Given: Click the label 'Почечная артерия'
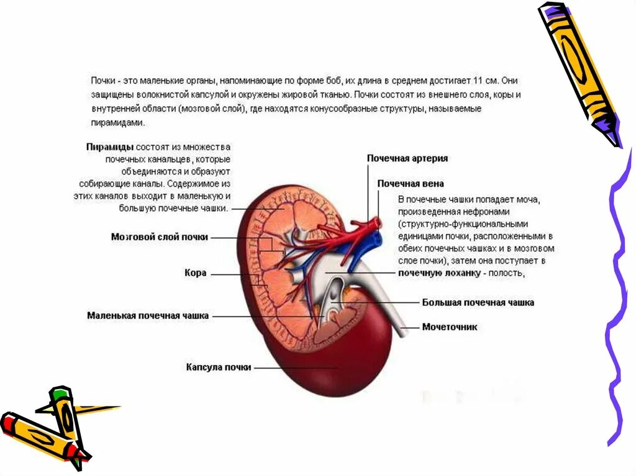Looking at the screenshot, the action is [407, 159].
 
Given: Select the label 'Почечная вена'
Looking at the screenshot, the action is [411, 184].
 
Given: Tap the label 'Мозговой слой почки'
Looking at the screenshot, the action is [160, 237].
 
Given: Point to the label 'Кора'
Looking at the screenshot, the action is [195, 273].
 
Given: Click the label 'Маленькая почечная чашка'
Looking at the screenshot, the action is [148, 316].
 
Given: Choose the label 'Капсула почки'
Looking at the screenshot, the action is [219, 367].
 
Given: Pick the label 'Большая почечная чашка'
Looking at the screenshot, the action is [478, 303].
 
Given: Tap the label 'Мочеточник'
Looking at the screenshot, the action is [450, 327].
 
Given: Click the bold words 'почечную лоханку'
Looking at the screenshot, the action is [427, 272].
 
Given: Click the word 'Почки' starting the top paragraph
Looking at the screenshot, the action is [102, 81].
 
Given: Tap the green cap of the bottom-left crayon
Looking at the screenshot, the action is [59, 393].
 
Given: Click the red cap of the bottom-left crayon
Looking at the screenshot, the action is [7, 421].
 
